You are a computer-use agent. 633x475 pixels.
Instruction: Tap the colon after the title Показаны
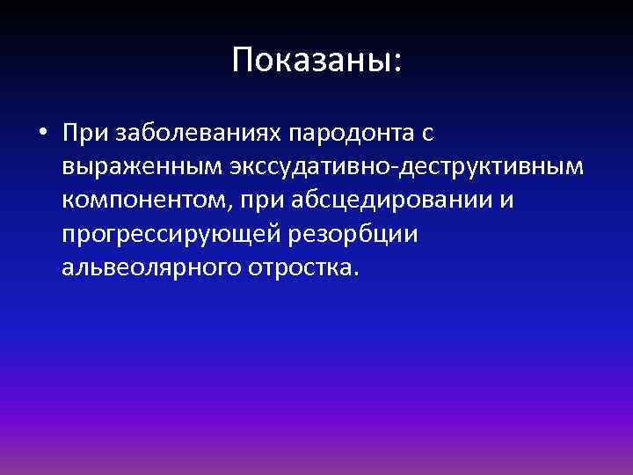[397, 63]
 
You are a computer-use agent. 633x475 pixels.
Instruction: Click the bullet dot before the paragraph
[41, 135]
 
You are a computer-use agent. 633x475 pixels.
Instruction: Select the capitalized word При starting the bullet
[81, 134]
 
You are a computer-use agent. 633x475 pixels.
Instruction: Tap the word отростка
[301, 268]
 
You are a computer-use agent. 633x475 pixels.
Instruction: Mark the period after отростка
[355, 274]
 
